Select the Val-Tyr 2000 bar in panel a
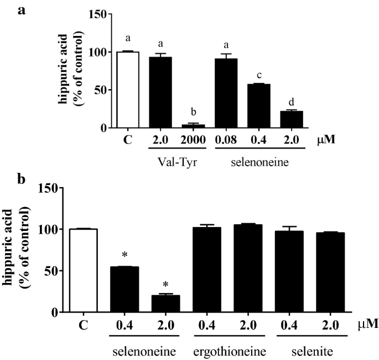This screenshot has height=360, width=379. pos(194,126)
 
